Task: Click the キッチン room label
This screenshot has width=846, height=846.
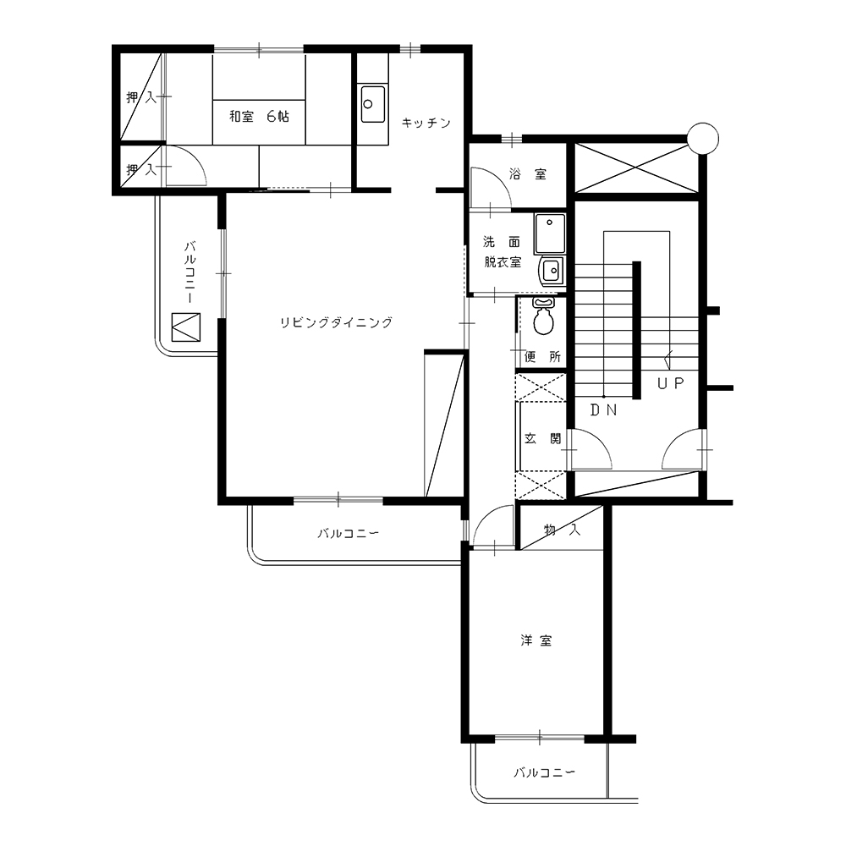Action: [x=426, y=123]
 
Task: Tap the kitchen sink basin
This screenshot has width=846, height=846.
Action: [x=373, y=103]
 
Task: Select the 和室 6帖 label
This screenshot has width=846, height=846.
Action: [x=259, y=116]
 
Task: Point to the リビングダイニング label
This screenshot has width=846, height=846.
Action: [x=336, y=322]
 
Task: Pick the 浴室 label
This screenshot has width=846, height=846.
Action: [x=528, y=173]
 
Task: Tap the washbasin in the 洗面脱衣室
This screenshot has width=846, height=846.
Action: [x=551, y=270]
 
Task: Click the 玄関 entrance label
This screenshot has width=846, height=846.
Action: [x=543, y=438]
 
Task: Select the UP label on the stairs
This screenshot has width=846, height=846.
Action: [x=671, y=383]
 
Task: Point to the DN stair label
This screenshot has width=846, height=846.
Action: [x=604, y=410]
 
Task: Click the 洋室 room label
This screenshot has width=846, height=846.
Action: [x=536, y=640]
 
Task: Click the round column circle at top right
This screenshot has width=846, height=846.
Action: [x=703, y=139]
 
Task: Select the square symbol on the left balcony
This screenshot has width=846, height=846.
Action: [x=185, y=327]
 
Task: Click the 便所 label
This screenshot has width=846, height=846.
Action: [x=543, y=357]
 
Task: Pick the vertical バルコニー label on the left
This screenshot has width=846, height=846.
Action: [x=190, y=272]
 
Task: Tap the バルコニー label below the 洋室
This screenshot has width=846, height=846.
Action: [x=544, y=772]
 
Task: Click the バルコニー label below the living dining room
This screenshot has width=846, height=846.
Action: [x=348, y=534]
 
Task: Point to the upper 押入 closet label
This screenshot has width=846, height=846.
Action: [x=141, y=97]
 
